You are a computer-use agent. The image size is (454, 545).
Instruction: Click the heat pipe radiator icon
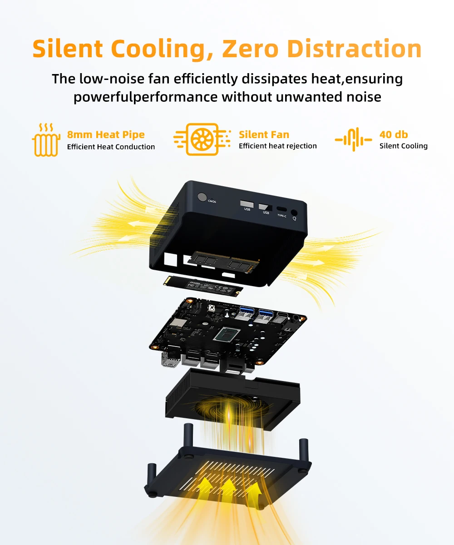pos(46,140)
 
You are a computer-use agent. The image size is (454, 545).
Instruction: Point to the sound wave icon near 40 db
pos(353,139)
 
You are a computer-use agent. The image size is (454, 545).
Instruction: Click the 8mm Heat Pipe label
pos(106,134)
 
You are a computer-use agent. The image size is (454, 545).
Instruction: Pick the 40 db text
pos(394,134)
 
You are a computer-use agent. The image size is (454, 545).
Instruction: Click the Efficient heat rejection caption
pos(277,146)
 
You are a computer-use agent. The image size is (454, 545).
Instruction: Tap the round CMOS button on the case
pos(202,198)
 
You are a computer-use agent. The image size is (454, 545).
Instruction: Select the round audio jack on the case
pos(295,212)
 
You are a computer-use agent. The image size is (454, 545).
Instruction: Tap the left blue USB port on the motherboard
pos(246,312)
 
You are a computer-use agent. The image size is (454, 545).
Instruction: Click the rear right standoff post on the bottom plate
pos(303,450)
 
